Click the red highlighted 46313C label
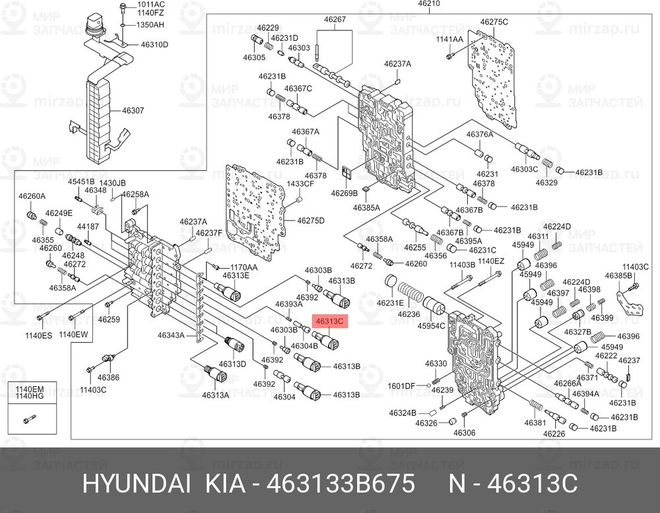[x=329, y=322]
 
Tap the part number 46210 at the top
[x=429, y=3]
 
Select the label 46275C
[x=494, y=22]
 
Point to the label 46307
[x=133, y=110]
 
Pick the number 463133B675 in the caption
[x=341, y=484]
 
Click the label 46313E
[x=236, y=275]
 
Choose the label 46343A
[x=171, y=335]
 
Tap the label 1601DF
[x=401, y=386]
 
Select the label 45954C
[x=431, y=326]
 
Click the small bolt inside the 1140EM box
[x=30, y=419]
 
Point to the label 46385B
[x=618, y=275]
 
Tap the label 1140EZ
[x=491, y=261]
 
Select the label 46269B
[x=345, y=193]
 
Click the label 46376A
[x=479, y=135]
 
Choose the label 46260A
[x=32, y=196]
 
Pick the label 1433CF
[x=300, y=184]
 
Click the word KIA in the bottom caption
[x=225, y=484]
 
